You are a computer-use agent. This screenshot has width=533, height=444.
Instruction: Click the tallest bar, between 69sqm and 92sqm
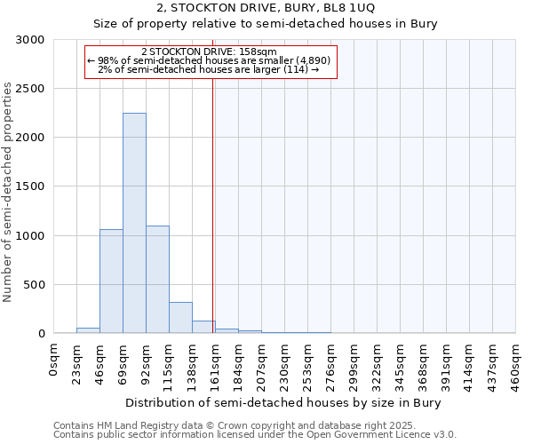pos(134,223)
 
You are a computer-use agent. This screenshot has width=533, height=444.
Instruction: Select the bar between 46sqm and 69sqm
pos(111,281)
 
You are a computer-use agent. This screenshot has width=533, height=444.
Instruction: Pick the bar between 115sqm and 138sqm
pos(180,317)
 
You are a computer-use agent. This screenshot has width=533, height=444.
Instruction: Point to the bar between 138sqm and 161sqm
pos(203,327)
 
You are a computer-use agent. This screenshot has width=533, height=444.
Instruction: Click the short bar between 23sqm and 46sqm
pos(88,330)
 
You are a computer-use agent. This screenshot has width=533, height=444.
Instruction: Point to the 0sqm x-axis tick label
pos(54,360)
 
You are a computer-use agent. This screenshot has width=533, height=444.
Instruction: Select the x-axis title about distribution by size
pos(284,402)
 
